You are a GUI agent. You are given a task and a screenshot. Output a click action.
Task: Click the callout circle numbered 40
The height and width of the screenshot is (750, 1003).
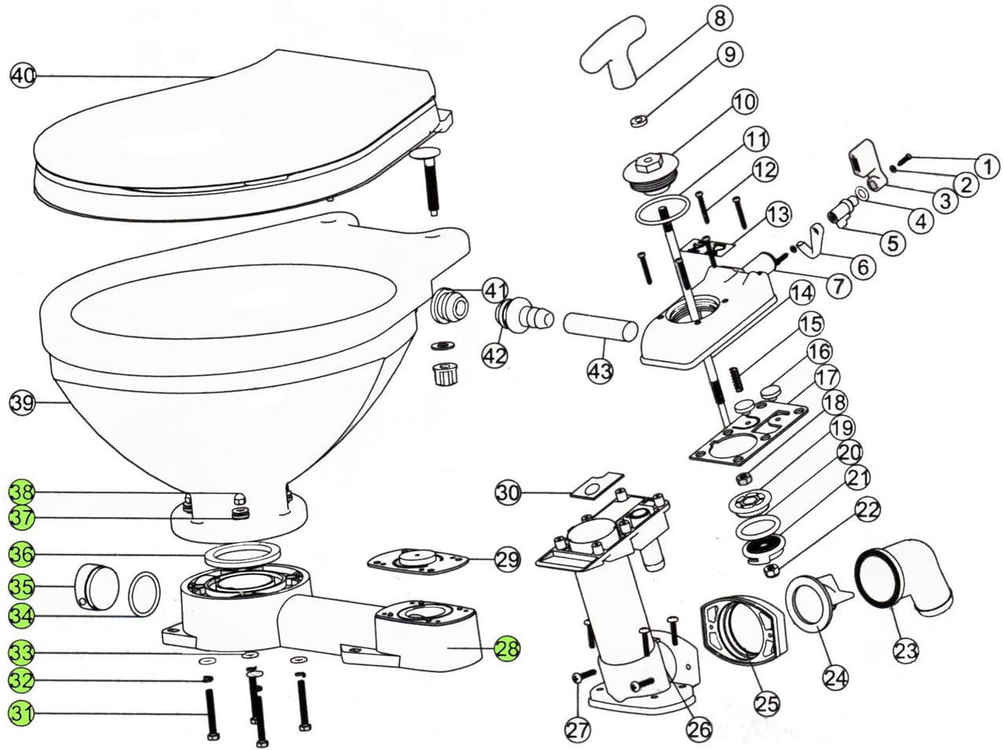pos(23,75)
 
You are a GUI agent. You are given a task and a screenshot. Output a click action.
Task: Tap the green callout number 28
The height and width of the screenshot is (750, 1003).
pos(508,648)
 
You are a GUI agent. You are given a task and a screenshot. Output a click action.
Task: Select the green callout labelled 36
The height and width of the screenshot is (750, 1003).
pos(22,555)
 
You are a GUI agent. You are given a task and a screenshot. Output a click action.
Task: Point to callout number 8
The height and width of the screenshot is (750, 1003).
pos(719,20)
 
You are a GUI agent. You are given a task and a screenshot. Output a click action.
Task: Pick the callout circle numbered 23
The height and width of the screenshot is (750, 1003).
pos(906,650)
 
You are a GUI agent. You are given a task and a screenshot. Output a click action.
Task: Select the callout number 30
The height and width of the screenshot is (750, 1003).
pos(508,493)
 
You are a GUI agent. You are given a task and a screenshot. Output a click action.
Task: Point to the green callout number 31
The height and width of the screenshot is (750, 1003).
pos(22,713)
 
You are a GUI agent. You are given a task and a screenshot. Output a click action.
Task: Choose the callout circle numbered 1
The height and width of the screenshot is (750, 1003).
pos(987,166)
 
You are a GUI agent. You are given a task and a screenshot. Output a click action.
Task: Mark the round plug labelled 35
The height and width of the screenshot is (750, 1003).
pos(96,588)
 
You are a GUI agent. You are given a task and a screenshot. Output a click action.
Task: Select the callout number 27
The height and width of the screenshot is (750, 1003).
pos(578,730)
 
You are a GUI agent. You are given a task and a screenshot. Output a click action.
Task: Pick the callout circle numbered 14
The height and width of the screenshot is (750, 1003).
pos(801,293)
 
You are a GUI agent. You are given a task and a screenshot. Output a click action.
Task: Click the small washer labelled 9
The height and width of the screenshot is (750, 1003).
pos(639,122)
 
